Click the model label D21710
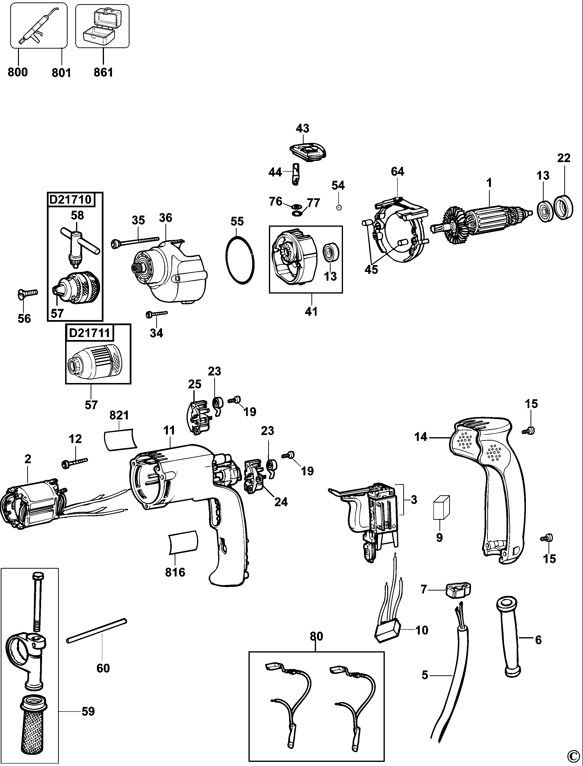coord(70,200)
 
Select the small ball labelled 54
coord(339,208)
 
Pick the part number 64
coord(397,172)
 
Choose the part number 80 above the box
coord(316,636)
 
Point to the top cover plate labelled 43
coord(308,152)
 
